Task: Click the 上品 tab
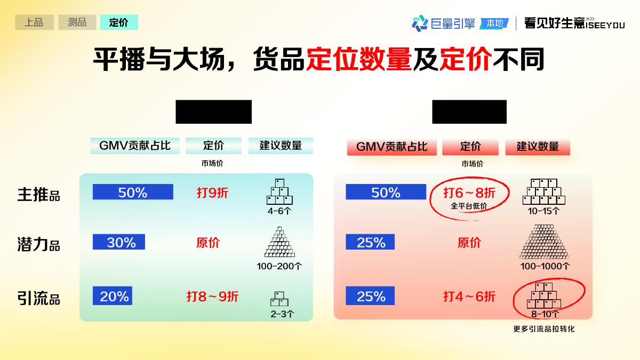point(34,22)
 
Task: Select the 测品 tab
point(76,22)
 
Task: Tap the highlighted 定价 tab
point(118,22)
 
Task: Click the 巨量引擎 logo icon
point(420,23)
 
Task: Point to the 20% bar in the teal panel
point(112,296)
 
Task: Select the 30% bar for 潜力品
point(118,242)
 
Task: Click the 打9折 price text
point(212,193)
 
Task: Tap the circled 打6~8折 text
point(469,193)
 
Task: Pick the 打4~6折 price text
point(469,296)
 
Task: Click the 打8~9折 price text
point(212,296)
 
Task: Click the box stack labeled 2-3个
point(279,299)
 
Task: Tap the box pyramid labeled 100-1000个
point(545,243)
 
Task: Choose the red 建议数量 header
point(538,147)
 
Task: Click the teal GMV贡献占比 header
point(135,146)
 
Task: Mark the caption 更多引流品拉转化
point(543,329)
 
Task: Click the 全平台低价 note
point(469,206)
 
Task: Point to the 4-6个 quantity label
point(279,211)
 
